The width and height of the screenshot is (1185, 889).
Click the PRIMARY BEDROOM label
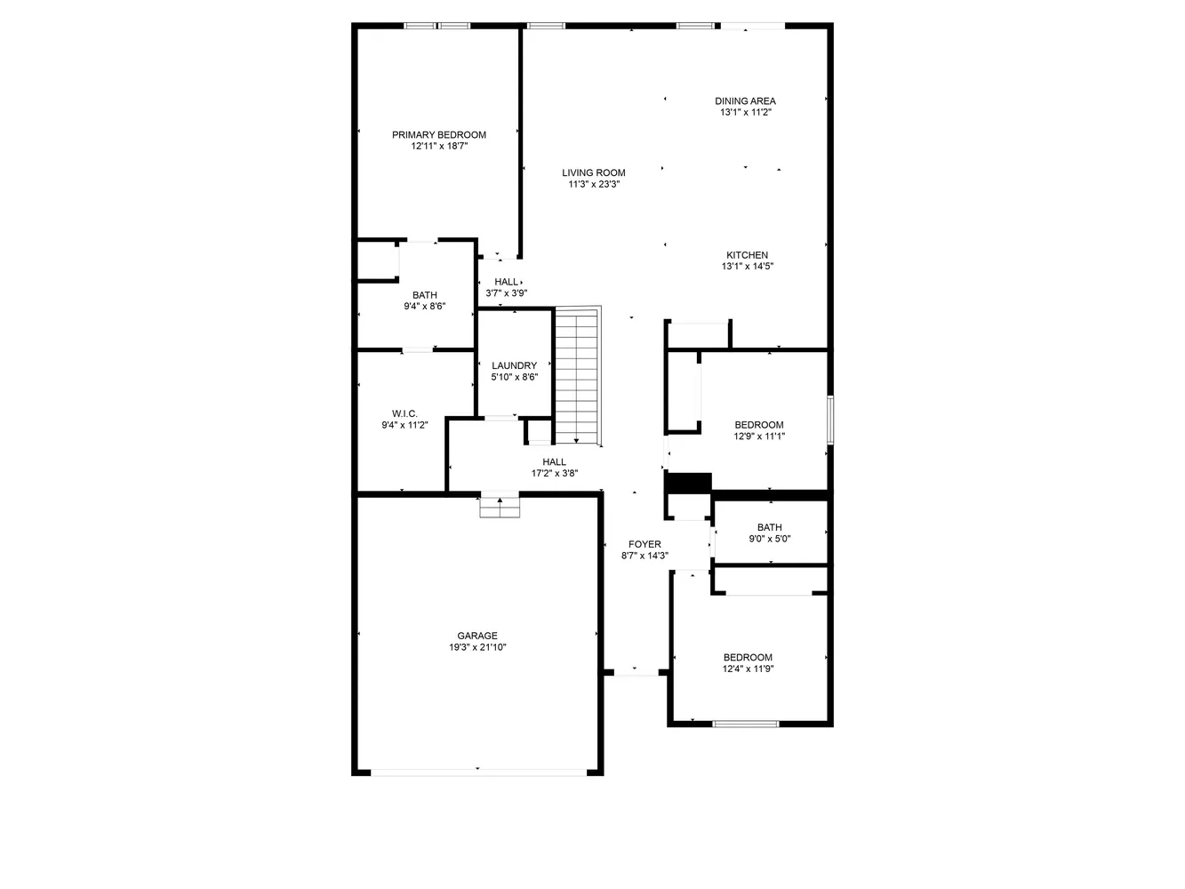(439, 135)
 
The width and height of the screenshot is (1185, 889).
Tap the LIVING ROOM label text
(593, 173)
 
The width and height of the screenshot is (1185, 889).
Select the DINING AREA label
(745, 101)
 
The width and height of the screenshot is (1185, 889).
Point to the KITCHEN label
(747, 255)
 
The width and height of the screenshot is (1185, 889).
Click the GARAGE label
(477, 636)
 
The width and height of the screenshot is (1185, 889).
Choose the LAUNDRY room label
(514, 365)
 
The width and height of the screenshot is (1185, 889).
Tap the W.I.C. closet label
(404, 413)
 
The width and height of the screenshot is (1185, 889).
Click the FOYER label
(645, 544)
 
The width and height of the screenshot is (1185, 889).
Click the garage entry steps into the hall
(500, 507)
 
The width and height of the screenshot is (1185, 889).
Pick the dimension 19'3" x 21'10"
(477, 648)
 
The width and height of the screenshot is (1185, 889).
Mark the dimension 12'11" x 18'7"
(439, 147)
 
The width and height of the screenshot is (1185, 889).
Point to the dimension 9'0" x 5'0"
(769, 539)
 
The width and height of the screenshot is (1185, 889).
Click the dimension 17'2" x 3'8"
(555, 474)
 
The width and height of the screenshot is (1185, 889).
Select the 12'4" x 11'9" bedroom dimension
(748, 669)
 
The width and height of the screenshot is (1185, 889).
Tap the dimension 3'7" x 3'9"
(507, 293)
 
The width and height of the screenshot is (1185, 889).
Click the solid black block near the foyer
(689, 482)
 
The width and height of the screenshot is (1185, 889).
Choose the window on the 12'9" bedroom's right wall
(830, 420)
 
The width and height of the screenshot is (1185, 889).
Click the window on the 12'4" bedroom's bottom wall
(746, 724)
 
